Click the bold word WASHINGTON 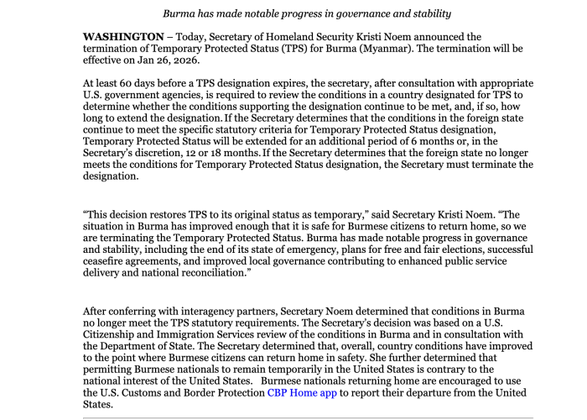pyautogui.click(x=123, y=37)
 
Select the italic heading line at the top pyautogui.click(x=307, y=13)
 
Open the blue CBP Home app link pyautogui.click(x=302, y=392)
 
